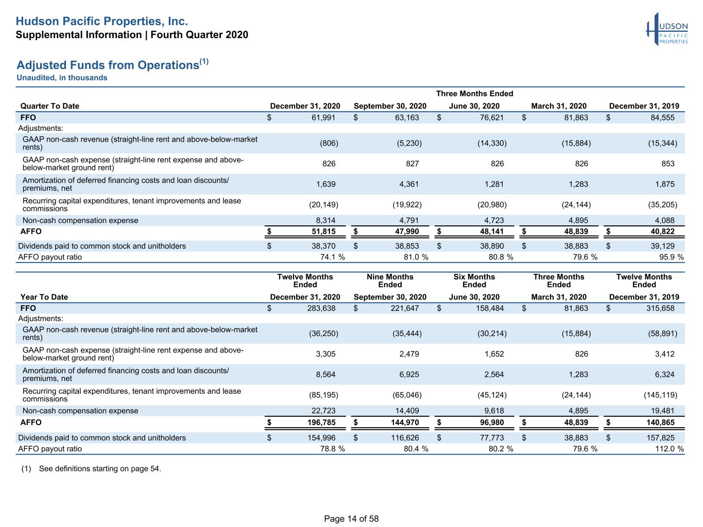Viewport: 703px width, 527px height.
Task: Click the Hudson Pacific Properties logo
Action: point(667,29)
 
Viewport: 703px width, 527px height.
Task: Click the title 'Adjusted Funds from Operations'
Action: point(108,65)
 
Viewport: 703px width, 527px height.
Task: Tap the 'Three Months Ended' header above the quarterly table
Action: point(474,94)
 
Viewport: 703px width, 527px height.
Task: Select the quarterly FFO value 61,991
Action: point(323,117)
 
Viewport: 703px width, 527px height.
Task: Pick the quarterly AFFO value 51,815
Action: point(323,232)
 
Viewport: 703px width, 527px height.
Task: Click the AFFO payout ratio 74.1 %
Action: point(332,257)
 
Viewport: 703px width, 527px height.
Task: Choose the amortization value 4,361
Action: point(409,184)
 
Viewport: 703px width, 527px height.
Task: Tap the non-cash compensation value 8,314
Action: point(325,220)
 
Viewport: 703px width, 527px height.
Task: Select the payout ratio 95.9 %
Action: point(671,257)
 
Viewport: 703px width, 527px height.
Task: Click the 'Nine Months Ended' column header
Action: point(390,280)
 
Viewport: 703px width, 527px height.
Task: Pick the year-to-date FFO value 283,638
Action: point(321,308)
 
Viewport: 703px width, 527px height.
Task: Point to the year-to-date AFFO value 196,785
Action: point(321,423)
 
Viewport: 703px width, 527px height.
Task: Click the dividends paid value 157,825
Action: point(660,438)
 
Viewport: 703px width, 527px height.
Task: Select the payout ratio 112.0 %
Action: point(670,449)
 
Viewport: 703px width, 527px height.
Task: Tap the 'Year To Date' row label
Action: point(44,297)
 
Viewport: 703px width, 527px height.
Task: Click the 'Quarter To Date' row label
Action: point(49,106)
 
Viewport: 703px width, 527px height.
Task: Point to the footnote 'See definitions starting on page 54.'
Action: point(100,468)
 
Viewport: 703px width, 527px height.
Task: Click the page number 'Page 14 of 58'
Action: point(351,519)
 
